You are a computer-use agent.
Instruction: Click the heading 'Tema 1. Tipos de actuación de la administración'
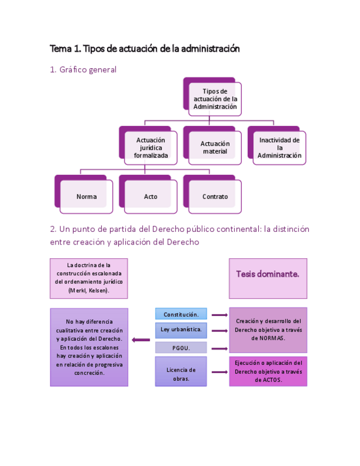point(145,49)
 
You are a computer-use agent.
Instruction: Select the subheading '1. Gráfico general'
point(83,70)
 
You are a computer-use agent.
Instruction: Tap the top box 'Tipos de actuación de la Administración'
point(215,99)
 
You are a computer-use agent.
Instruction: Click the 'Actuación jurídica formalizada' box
point(151,148)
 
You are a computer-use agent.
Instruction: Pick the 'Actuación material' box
point(214,148)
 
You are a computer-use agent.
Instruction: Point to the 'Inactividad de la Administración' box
point(279,148)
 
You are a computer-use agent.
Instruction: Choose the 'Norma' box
point(86,196)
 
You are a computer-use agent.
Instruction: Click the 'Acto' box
point(151,196)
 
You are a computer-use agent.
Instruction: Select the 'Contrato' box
point(214,196)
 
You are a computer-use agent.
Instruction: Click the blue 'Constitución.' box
point(181,314)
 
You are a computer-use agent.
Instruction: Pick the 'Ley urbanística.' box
point(181,330)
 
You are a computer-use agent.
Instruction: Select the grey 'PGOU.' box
point(181,347)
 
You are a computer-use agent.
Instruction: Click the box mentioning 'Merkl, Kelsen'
point(88,278)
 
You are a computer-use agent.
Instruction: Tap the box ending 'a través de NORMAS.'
point(268,330)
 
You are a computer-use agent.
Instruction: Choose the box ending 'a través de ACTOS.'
point(268,371)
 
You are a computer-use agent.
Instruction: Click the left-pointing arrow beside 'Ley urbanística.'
point(141,340)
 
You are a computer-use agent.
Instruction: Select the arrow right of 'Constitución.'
point(219,315)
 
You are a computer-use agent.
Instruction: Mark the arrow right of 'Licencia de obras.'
point(219,372)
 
